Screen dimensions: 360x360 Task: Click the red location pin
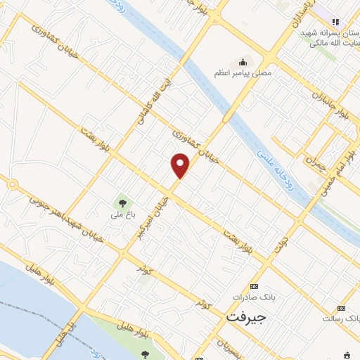[181, 165]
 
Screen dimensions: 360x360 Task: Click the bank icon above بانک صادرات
[254, 286]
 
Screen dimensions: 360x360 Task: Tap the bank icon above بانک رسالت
[341, 308]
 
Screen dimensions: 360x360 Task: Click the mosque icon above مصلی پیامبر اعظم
[243, 62]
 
